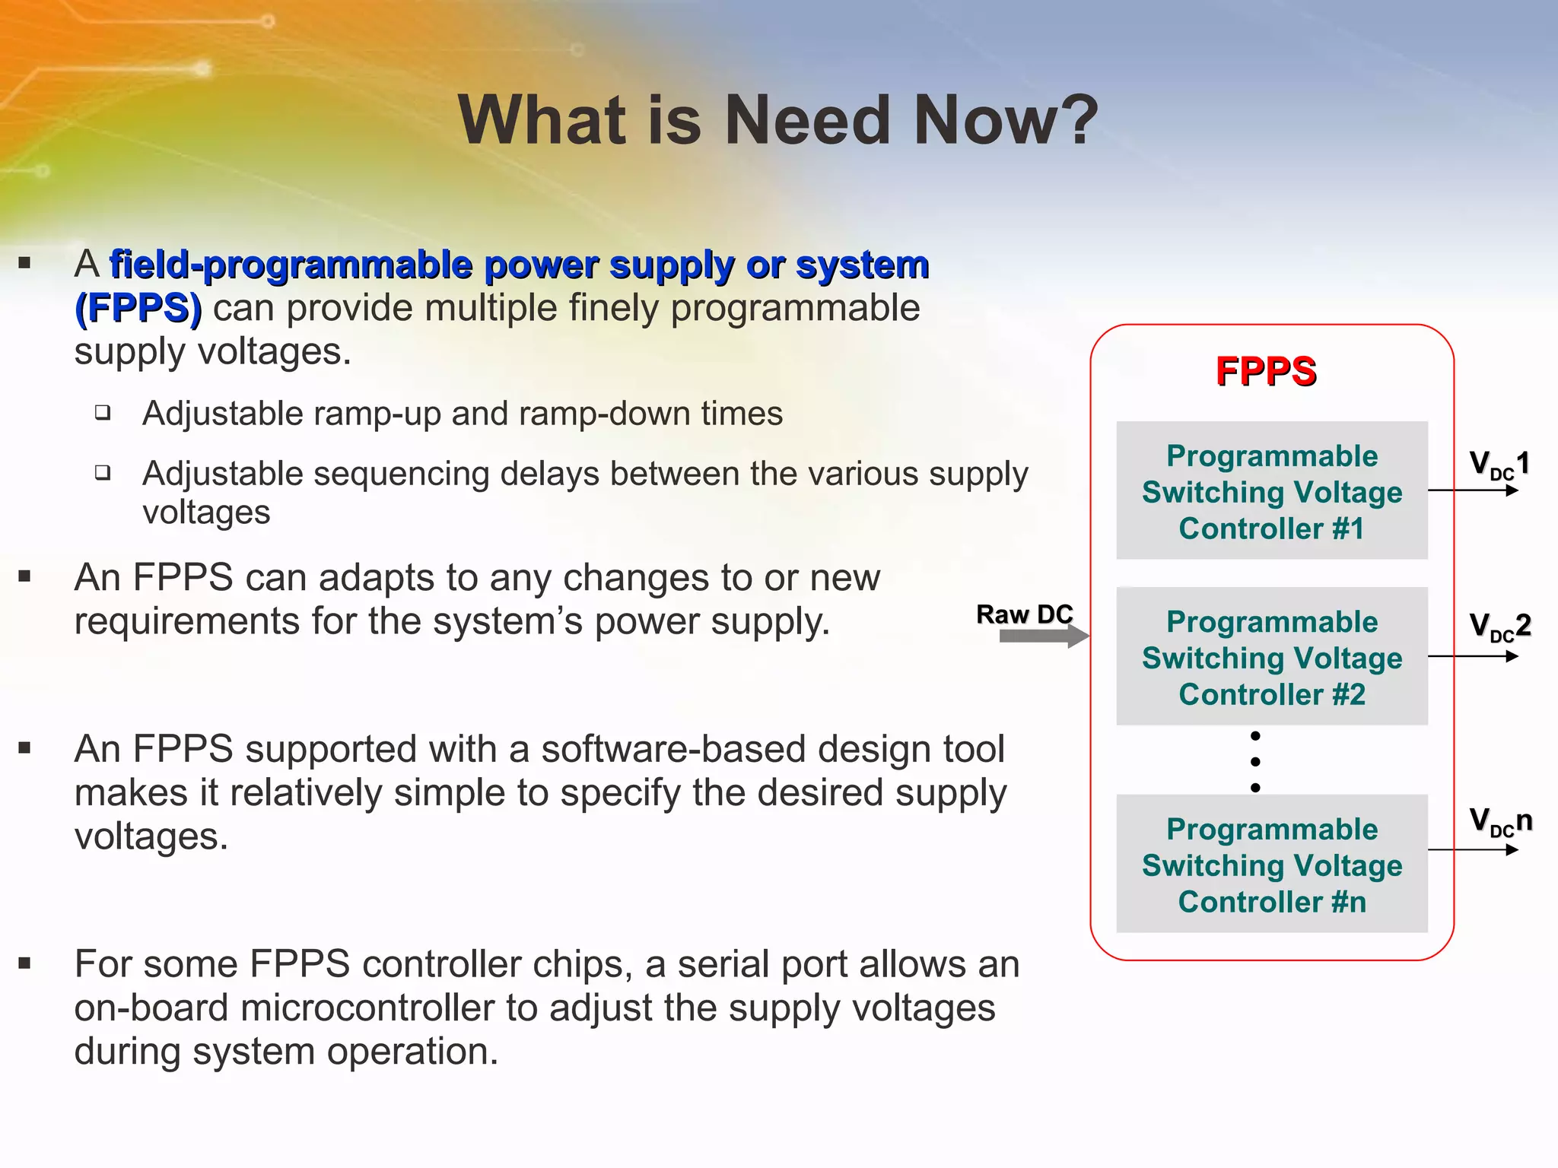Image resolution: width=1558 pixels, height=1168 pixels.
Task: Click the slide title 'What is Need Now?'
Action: click(777, 120)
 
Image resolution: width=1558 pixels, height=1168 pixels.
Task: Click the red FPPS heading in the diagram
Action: click(1266, 372)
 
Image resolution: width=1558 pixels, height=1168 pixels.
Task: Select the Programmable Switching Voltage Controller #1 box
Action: click(1271, 491)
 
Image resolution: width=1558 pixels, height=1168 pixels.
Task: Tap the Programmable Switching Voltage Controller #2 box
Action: click(1271, 657)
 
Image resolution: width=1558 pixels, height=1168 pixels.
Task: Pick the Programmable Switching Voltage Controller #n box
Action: click(1271, 865)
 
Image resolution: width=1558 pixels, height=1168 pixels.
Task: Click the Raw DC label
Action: click(1024, 614)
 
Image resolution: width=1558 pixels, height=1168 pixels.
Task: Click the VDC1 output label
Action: click(1499, 464)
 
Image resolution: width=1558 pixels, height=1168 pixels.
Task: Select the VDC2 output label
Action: click(1499, 627)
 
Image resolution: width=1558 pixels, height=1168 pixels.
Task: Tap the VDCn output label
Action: click(1500, 822)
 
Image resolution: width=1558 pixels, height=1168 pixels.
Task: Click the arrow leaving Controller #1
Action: click(1472, 490)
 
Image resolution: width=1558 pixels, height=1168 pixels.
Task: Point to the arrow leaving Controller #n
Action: click(1472, 850)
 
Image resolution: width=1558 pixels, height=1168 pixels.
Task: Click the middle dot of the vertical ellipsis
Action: click(1255, 762)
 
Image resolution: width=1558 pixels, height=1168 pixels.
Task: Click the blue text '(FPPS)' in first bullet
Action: click(138, 309)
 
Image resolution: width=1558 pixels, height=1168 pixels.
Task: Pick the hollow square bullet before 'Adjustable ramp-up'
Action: click(103, 413)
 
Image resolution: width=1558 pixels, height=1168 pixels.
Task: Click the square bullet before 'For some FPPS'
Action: click(24, 964)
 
